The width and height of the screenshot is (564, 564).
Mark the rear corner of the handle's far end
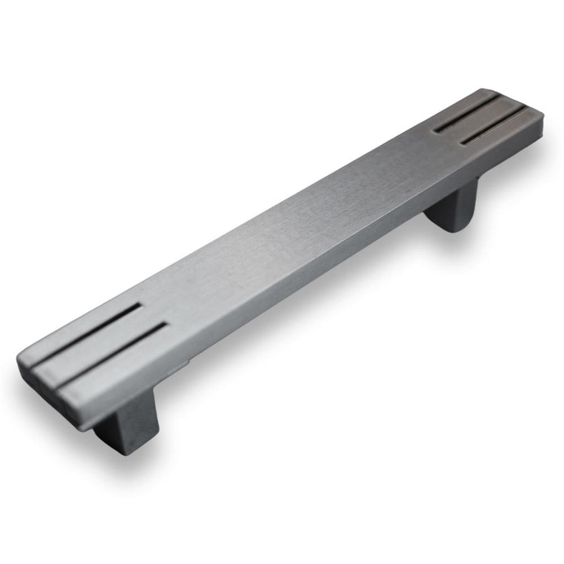coord(485,90)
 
